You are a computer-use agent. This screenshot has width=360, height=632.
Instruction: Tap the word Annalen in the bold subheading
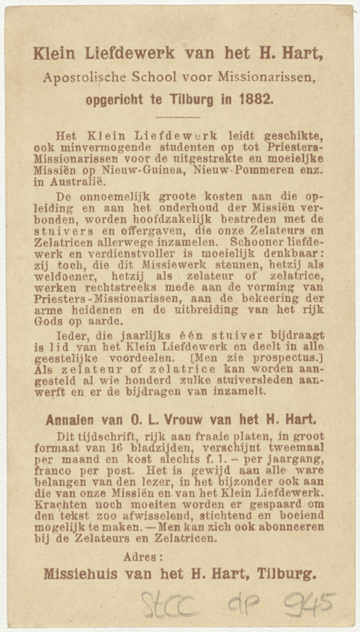pyautogui.click(x=71, y=420)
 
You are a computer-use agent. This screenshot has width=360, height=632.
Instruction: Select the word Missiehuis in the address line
pyautogui.click(x=81, y=575)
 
